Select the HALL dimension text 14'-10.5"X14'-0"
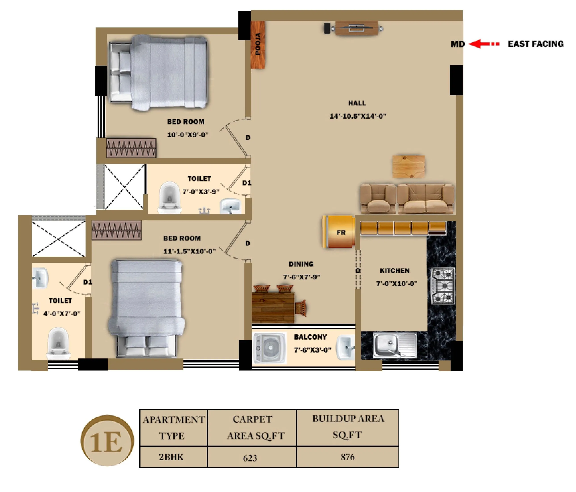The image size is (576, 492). (x=358, y=116)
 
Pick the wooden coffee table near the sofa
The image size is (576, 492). (x=408, y=167)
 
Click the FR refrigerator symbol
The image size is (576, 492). (x=339, y=232)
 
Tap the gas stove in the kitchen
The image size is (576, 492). (x=443, y=286)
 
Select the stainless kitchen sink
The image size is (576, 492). (x=394, y=345)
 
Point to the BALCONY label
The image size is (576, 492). (x=310, y=337)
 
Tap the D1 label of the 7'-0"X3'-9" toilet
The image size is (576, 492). (x=246, y=183)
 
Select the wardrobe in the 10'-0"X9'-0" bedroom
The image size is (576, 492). (x=131, y=148)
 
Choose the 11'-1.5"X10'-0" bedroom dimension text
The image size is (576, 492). (x=189, y=251)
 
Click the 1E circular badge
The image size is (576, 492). (x=107, y=441)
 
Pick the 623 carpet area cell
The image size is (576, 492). (x=252, y=458)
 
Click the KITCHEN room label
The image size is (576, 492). (x=394, y=271)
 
